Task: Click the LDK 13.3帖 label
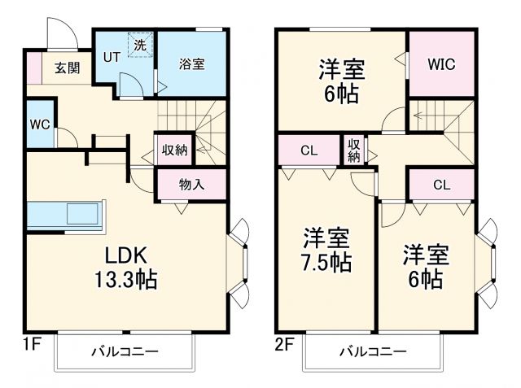click(x=125, y=268)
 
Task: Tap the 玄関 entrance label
click(x=68, y=68)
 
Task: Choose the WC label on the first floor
click(x=40, y=124)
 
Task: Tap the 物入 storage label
click(x=191, y=185)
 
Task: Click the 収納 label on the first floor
click(x=174, y=150)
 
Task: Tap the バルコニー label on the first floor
click(x=124, y=351)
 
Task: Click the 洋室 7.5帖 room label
click(x=327, y=250)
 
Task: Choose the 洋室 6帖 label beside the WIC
click(x=341, y=80)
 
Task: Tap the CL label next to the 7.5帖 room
click(x=309, y=150)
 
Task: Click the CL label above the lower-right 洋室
click(x=440, y=185)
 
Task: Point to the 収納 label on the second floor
click(x=354, y=150)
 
